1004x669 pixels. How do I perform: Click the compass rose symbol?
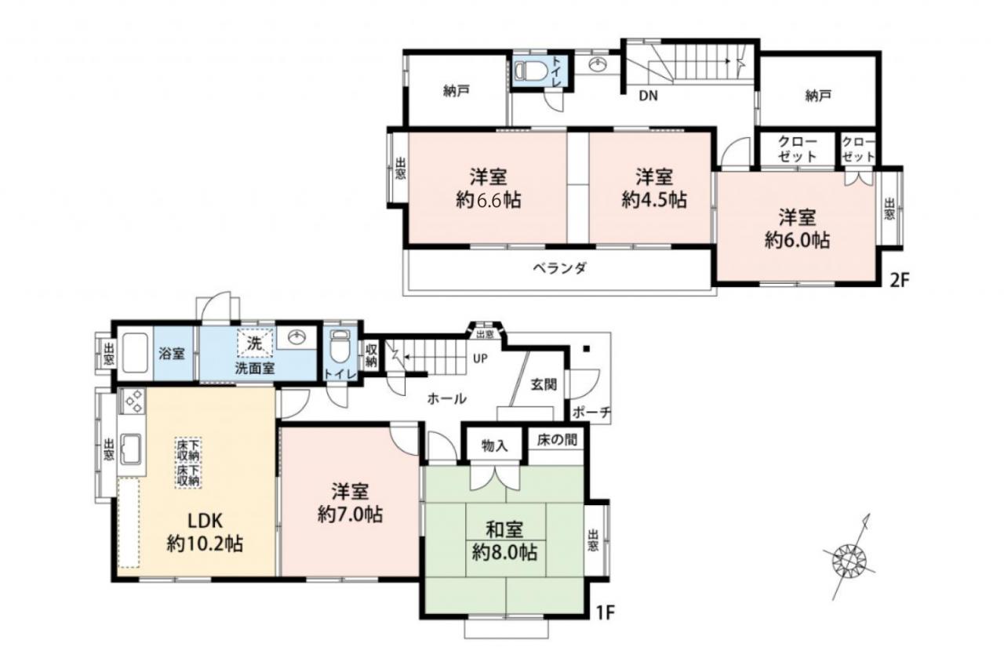849,560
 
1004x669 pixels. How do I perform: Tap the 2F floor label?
899,281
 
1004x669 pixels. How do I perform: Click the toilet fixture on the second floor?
529,71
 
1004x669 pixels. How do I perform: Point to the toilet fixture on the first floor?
340,347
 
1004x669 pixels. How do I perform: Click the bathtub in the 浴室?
135,353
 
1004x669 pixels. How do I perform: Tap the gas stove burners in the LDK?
132,401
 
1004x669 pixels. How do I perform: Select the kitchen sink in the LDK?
131,449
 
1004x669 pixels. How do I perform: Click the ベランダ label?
559,268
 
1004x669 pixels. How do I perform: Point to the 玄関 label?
544,384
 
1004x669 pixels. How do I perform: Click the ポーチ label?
591,412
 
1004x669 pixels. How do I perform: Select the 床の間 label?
557,439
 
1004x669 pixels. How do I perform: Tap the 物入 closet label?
495,445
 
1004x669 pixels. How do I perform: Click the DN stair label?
648,96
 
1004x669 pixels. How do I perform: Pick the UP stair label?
480,358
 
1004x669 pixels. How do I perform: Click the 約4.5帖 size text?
654,199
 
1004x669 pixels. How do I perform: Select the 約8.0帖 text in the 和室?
504,552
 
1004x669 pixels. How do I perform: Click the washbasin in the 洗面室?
296,337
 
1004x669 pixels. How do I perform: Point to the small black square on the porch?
586,348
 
